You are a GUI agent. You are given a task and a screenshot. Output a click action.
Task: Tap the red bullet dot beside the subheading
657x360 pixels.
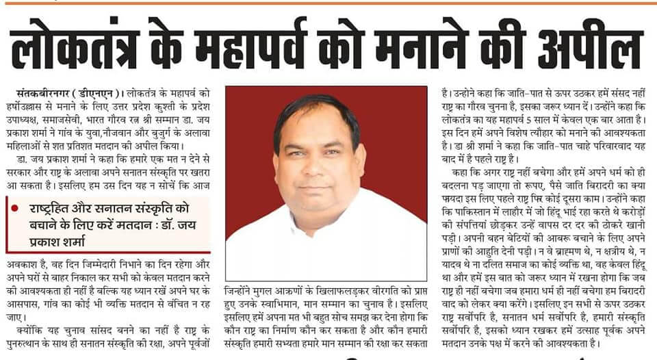[16, 207]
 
